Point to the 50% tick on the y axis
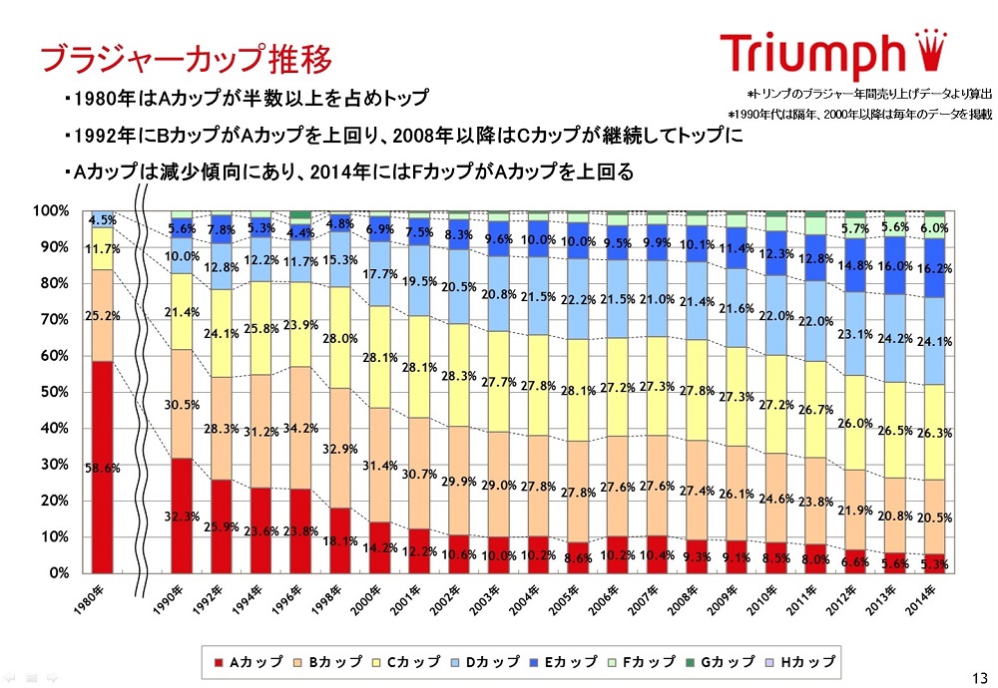[52, 392]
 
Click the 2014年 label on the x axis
[924, 600]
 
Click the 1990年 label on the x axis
[173, 600]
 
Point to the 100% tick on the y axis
[49, 211]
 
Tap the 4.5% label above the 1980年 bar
[103, 220]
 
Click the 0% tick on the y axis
[57, 573]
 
